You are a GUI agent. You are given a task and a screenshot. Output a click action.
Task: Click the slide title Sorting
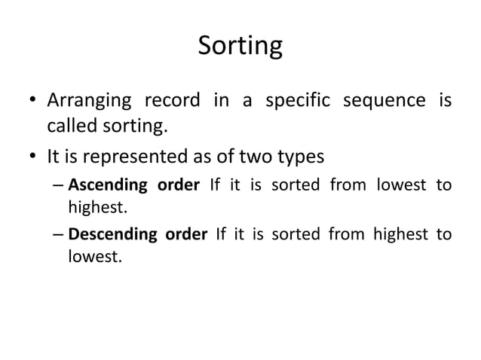tap(240, 47)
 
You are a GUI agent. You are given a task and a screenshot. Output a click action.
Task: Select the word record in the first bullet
tap(174, 100)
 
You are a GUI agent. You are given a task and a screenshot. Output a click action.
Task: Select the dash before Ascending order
tap(58, 185)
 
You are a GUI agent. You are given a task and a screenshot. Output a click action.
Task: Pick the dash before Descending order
tap(58, 235)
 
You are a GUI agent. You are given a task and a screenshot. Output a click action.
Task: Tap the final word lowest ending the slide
tap(92, 256)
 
